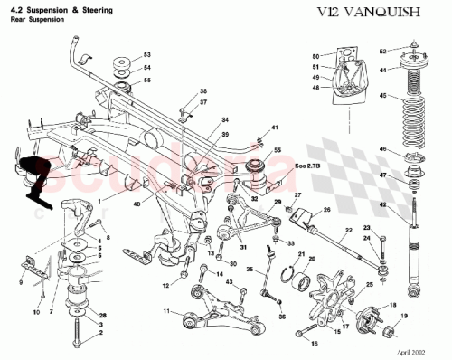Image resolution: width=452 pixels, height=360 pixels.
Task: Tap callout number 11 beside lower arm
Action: pyautogui.click(x=165, y=311)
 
